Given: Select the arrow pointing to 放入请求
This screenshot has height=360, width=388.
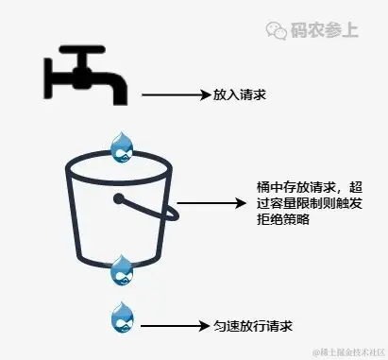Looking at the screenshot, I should (x=174, y=94).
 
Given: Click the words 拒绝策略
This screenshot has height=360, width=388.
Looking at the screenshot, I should (x=282, y=220).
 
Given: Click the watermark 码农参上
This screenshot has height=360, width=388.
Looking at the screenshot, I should (x=326, y=29).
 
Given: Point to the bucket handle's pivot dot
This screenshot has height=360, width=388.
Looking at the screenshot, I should (x=120, y=198).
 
